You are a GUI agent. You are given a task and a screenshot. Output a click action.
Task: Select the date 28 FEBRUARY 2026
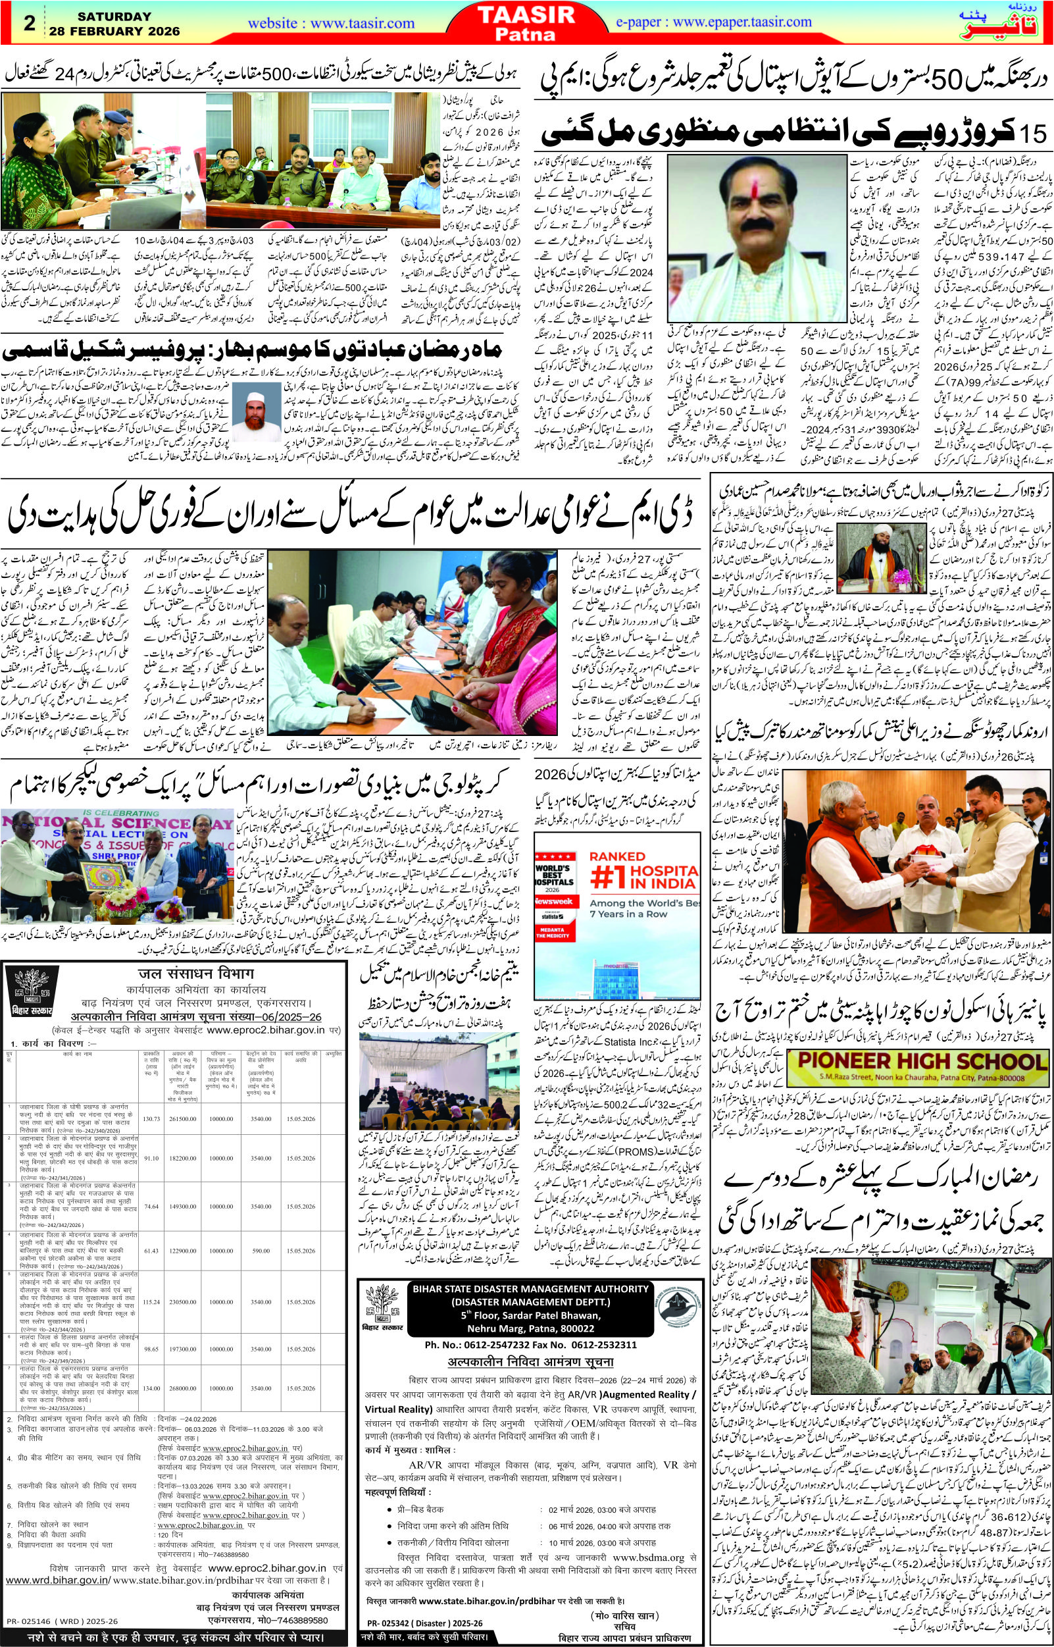[x=114, y=32]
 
